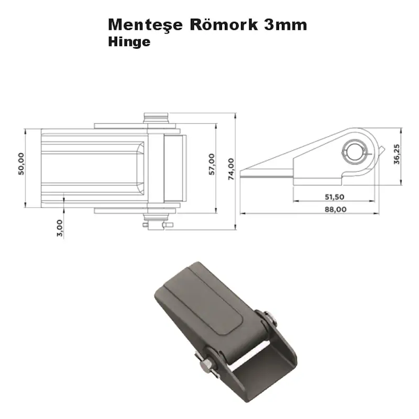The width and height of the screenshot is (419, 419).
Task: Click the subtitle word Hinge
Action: (129, 42)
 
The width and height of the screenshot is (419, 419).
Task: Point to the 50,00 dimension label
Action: (21, 164)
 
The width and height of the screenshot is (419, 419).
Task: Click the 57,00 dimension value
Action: (212, 164)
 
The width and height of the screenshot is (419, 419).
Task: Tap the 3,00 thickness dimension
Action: (59, 229)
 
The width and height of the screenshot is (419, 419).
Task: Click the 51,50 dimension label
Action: (334, 196)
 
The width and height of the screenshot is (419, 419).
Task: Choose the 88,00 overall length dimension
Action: (335, 210)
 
